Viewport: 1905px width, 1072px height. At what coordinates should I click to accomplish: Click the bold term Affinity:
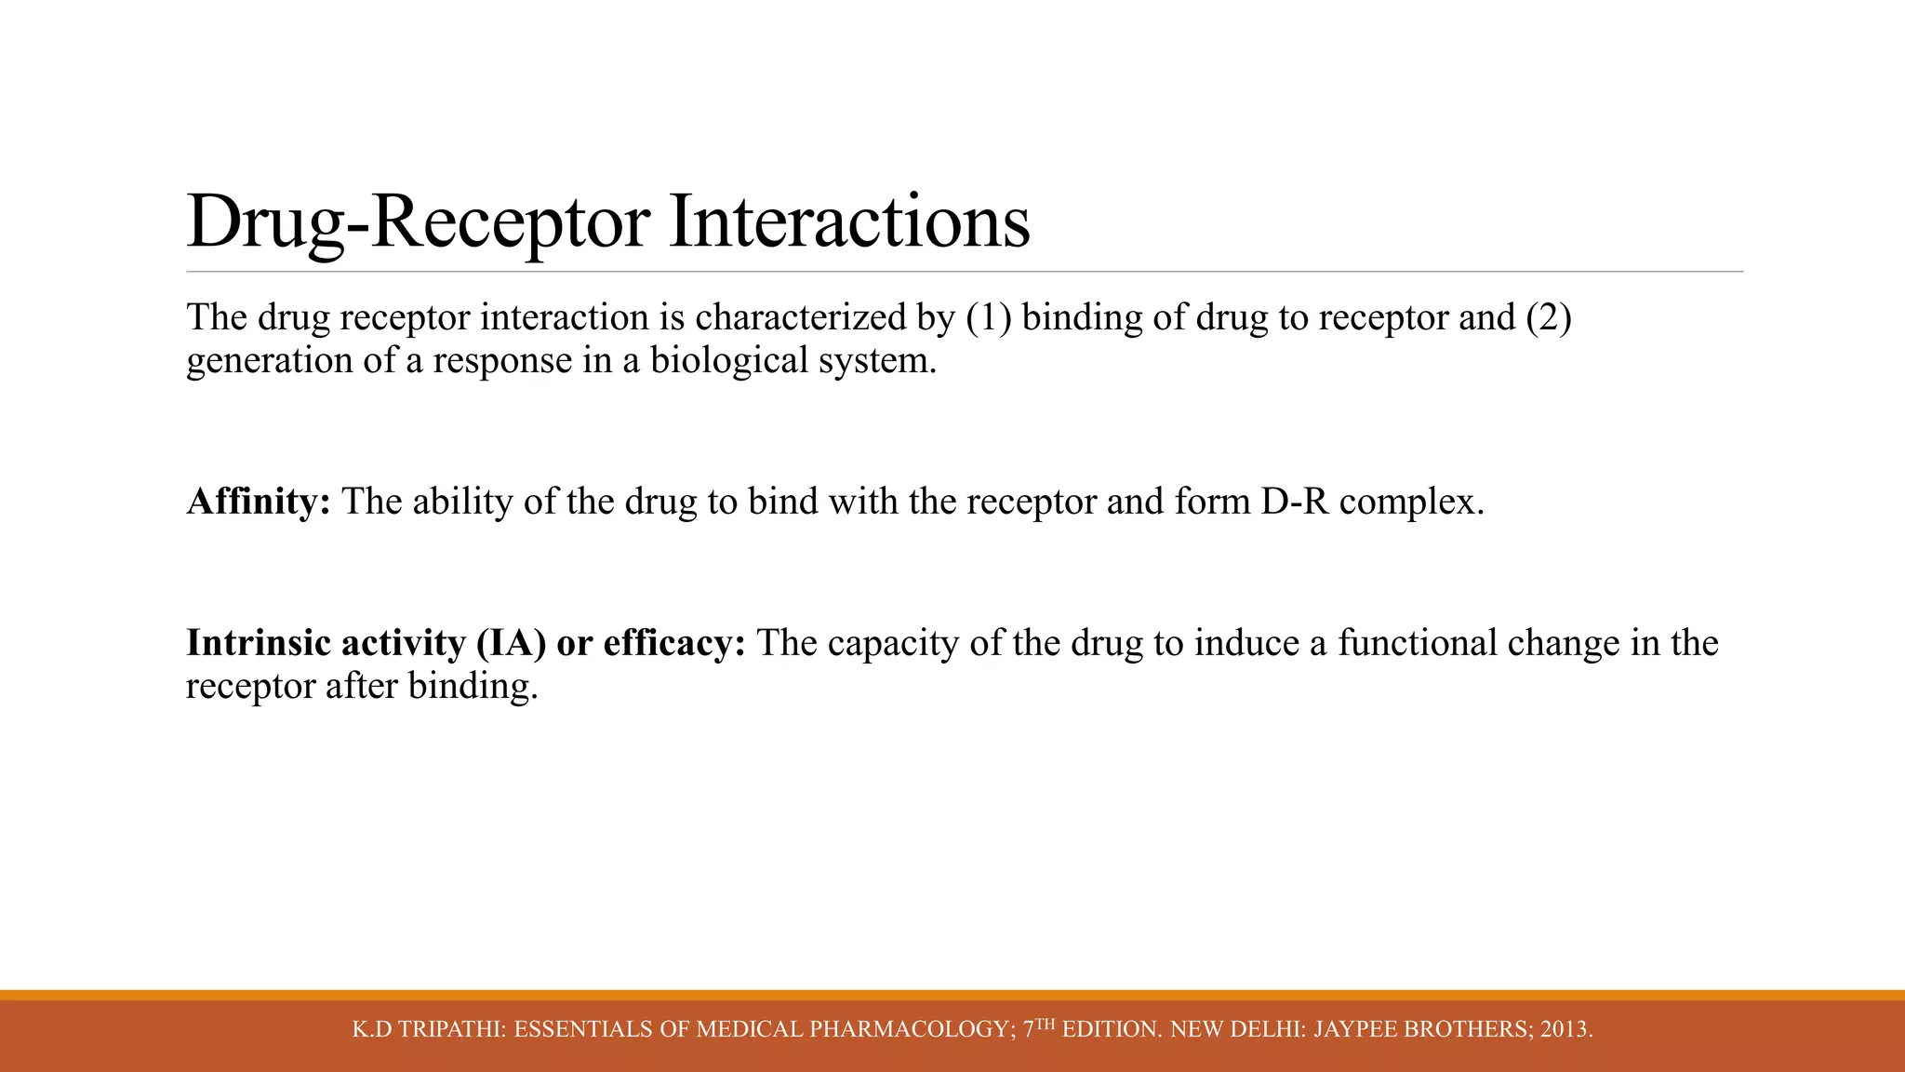point(259,502)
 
